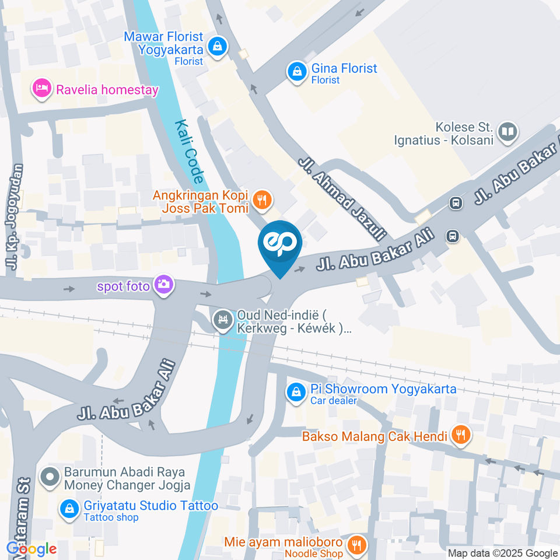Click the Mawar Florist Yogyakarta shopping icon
pos(217,45)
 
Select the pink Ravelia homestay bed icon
pos(42,89)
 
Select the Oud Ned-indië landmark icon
pos(222,320)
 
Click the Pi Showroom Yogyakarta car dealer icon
pos(296,391)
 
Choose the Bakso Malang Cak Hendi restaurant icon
pos(461,435)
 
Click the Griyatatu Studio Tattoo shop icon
pos(69,509)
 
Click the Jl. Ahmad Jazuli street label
pos(343,198)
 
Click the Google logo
pos(32,549)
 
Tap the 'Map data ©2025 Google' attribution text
pos(503,553)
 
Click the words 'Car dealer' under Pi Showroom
pos(333,401)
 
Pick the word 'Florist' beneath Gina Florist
pos(325,80)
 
